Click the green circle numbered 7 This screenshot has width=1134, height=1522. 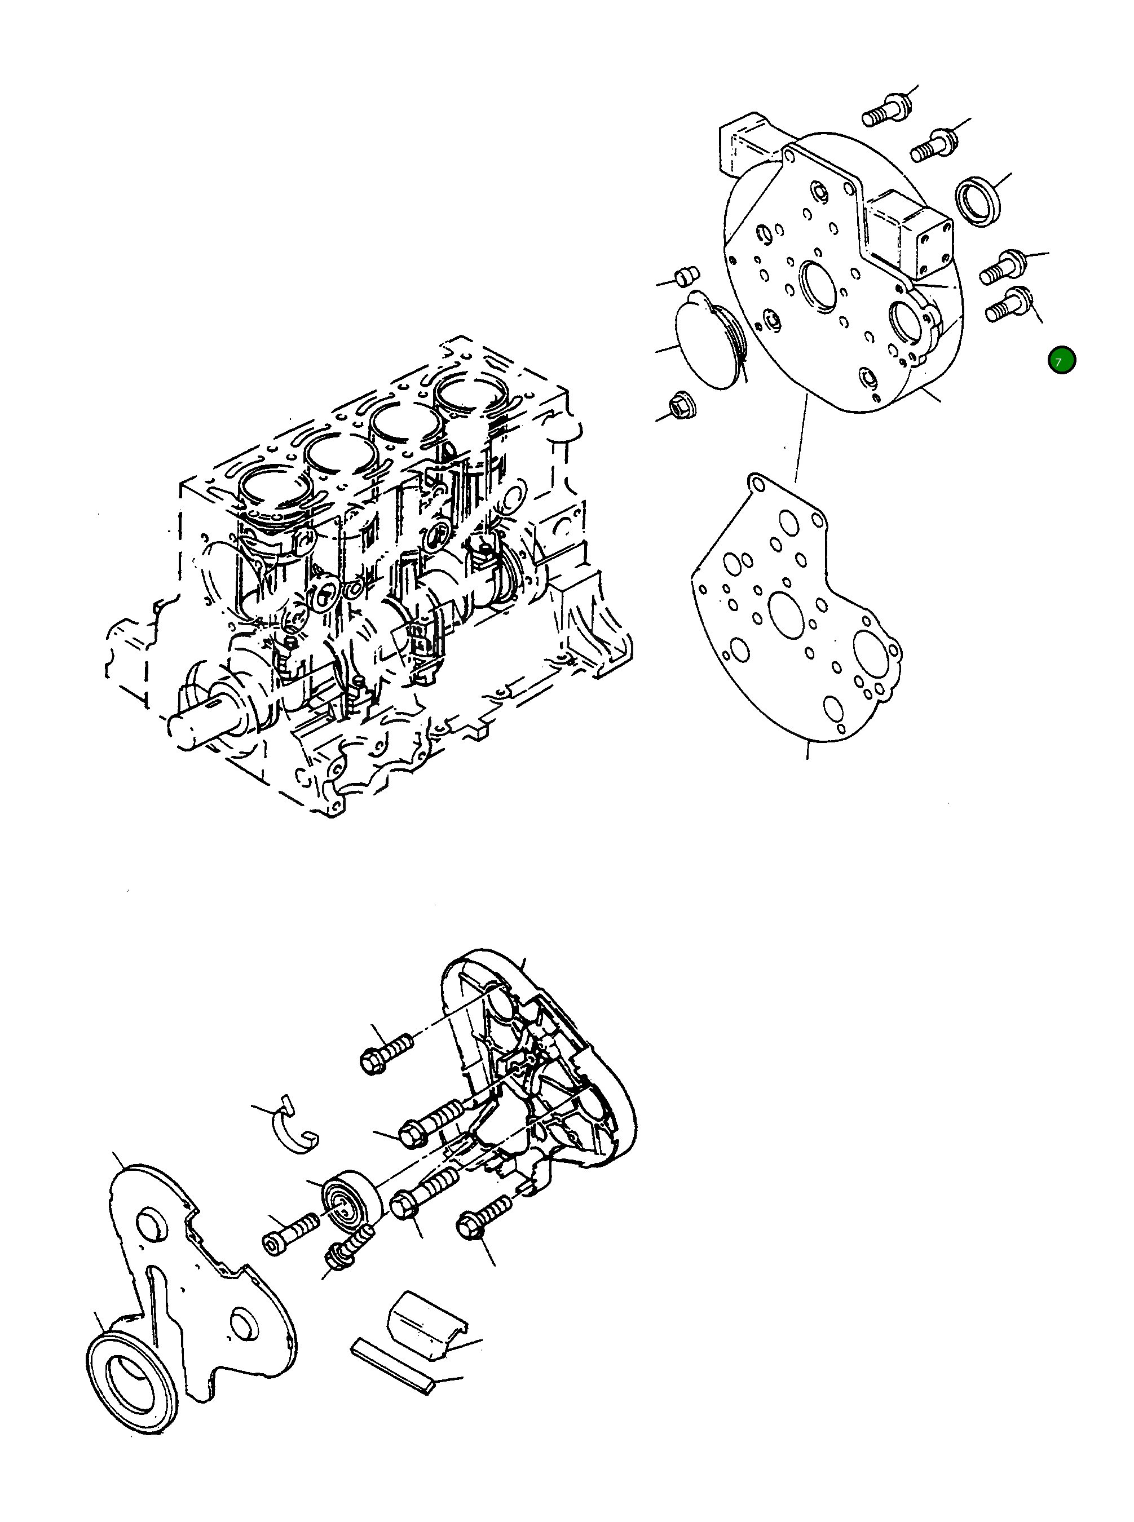click(1061, 360)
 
